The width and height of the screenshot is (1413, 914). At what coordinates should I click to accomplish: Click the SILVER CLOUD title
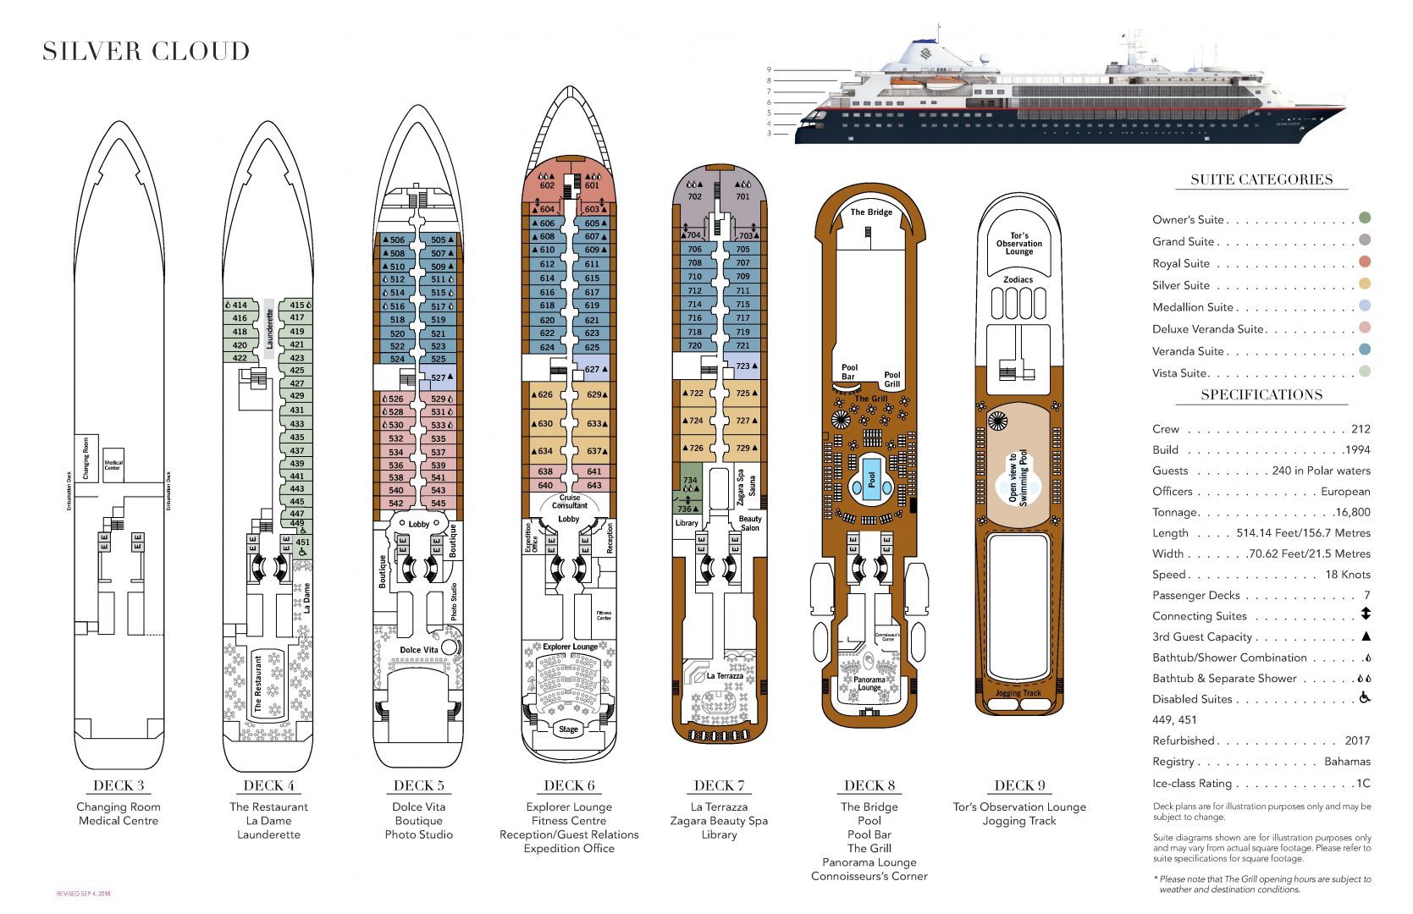146,52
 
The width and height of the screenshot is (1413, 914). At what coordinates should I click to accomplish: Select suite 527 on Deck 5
439,377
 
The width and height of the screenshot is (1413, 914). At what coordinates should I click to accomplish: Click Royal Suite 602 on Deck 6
547,185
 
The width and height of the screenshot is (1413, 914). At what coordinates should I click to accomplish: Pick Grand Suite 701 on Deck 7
742,196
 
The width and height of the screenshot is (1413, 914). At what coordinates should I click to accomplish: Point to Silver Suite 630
545,424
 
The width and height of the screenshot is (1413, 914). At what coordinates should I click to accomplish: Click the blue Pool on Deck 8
872,479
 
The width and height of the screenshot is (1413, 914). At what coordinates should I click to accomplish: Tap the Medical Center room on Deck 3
113,465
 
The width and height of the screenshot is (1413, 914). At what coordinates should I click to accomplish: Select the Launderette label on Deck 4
269,328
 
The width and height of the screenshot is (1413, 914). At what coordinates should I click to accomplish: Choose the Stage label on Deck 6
568,729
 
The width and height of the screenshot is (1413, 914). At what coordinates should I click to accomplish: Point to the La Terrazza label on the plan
724,675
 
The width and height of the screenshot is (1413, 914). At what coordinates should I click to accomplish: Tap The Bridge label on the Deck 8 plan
871,212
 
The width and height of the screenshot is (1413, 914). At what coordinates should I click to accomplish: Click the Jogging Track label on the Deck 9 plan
1018,693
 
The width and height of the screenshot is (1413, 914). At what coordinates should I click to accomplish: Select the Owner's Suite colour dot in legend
1364,218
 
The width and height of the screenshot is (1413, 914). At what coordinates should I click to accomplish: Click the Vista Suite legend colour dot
1364,372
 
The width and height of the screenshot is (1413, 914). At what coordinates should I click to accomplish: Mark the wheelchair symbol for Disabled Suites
1365,698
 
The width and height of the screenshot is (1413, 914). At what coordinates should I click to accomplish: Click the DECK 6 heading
569,785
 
